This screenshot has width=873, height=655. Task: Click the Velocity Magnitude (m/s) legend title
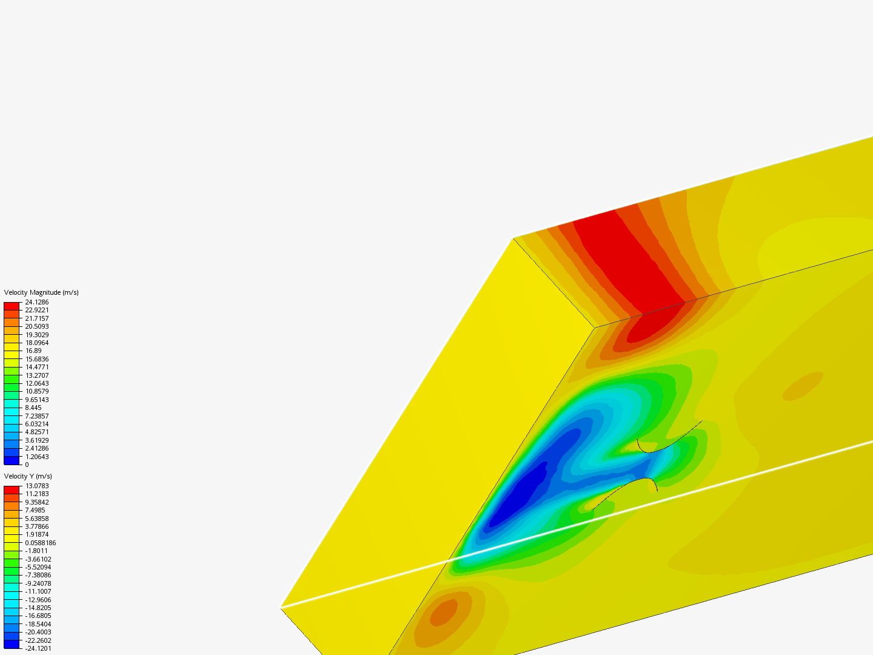tap(41, 292)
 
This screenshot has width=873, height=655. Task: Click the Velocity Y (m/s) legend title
tap(28, 476)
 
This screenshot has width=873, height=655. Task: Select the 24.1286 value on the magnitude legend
tap(36, 302)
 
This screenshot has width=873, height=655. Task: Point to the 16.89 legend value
tap(33, 351)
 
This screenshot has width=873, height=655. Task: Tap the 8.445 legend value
tap(33, 408)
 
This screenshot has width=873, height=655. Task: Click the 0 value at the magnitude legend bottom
tap(27, 465)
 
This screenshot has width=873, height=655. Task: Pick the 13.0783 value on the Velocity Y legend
tap(36, 486)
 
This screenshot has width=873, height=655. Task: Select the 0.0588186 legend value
tap(41, 543)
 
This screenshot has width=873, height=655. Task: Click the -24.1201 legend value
tap(38, 648)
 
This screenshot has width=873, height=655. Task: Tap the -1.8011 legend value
tap(36, 551)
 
